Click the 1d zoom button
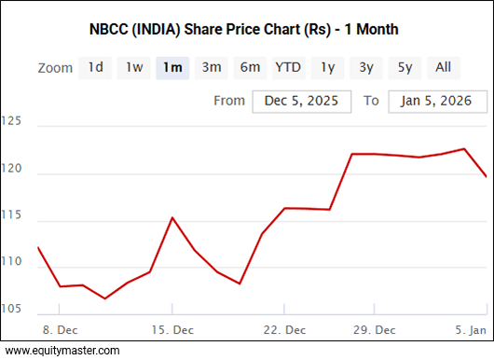pyautogui.click(x=95, y=67)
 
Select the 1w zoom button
pyautogui.click(x=134, y=67)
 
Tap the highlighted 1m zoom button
pyautogui.click(x=172, y=67)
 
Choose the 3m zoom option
pyautogui.click(x=212, y=67)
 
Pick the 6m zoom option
pyautogui.click(x=250, y=67)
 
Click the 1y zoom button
pyautogui.click(x=327, y=67)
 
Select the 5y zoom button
pyautogui.click(x=405, y=67)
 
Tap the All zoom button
pyautogui.click(x=443, y=67)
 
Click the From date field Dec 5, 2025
pyautogui.click(x=301, y=101)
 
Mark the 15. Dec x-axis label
pyautogui.click(x=173, y=329)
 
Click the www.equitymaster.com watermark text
pyautogui.click(x=62, y=351)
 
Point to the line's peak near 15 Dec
pyautogui.click(x=172, y=218)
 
